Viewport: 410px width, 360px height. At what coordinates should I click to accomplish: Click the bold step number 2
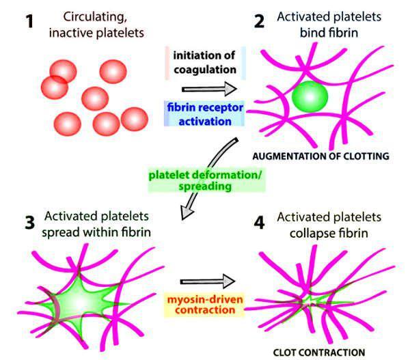tap(258, 21)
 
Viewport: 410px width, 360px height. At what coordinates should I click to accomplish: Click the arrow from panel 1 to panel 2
tap(208, 89)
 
